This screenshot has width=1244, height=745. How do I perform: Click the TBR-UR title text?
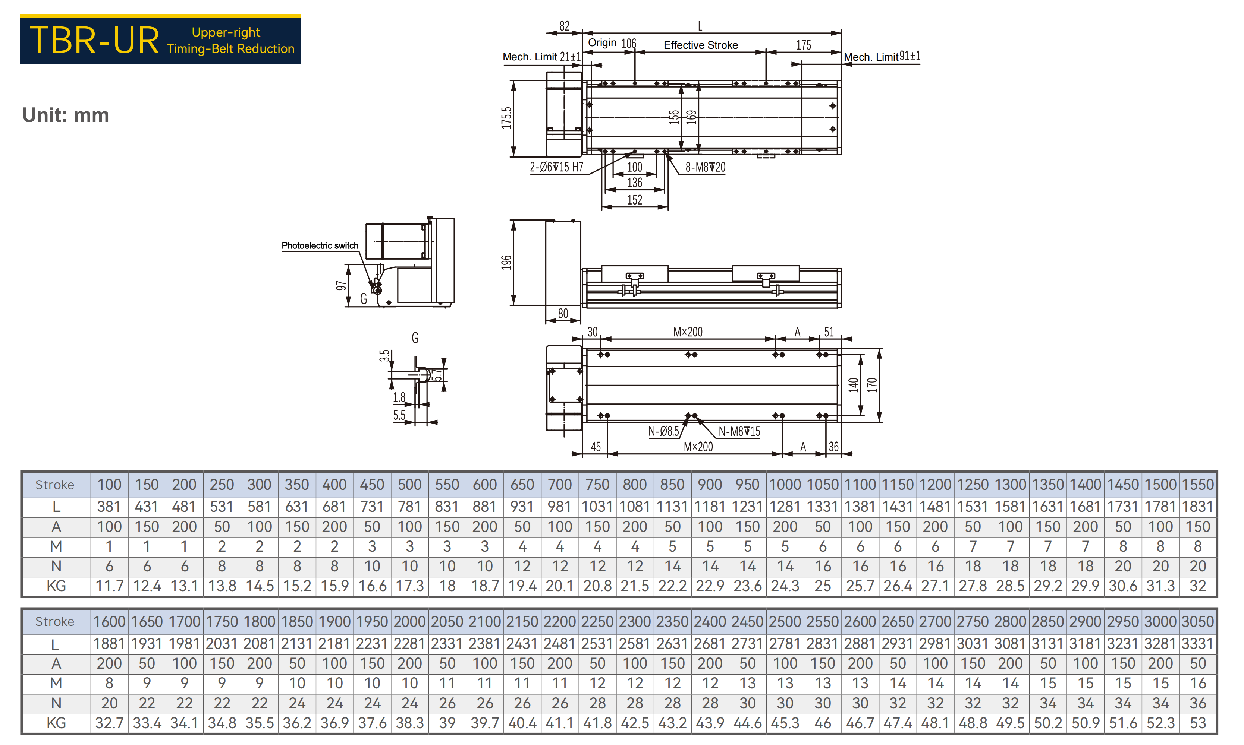pyautogui.click(x=94, y=40)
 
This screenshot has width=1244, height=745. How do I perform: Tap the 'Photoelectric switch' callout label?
pyautogui.click(x=320, y=245)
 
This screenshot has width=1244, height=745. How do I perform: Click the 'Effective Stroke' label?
pyautogui.click(x=701, y=45)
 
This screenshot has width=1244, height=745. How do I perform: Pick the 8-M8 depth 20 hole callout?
pyautogui.click(x=706, y=167)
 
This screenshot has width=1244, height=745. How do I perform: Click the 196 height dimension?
pyautogui.click(x=506, y=263)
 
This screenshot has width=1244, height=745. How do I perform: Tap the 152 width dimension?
pyautogui.click(x=635, y=200)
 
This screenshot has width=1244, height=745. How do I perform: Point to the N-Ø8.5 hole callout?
pyautogui.click(x=664, y=431)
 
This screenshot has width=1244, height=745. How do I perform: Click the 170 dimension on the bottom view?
pyautogui.click(x=872, y=385)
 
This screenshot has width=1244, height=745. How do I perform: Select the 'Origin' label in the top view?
pyautogui.click(x=602, y=43)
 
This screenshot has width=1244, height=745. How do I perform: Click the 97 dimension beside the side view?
pyautogui.click(x=341, y=286)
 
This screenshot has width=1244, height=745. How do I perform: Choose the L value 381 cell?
pyautogui.click(x=109, y=507)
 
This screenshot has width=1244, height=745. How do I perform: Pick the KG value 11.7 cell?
pyautogui.click(x=109, y=586)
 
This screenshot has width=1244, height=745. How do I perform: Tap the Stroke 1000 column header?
pyautogui.click(x=785, y=485)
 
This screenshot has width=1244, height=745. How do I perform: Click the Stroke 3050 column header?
pyautogui.click(x=1198, y=621)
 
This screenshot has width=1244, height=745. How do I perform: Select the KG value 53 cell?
pyautogui.click(x=1198, y=723)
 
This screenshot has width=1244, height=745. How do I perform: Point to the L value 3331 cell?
pyautogui.click(x=1198, y=644)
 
